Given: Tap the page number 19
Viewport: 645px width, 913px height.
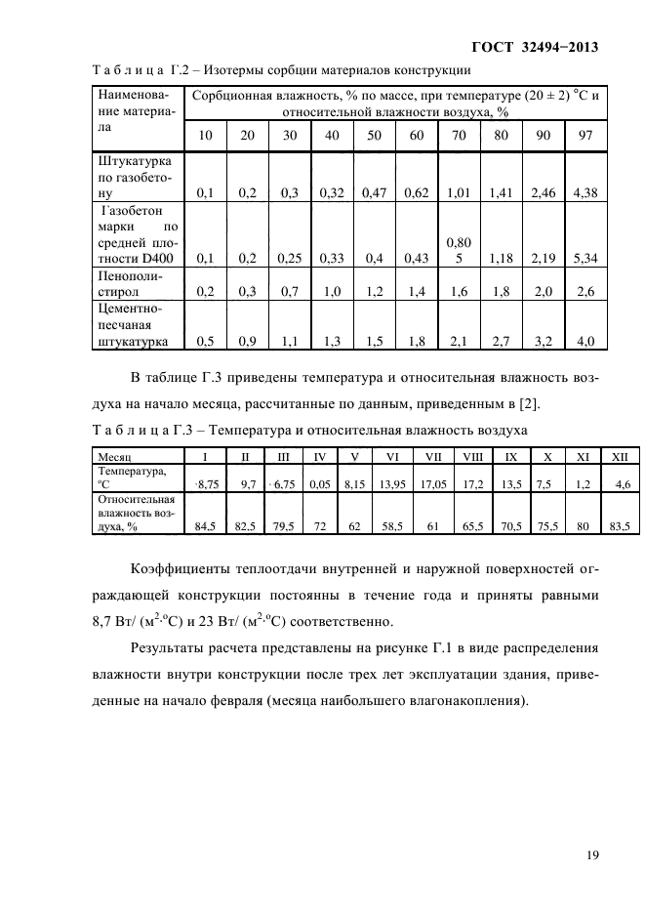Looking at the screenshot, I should click(x=591, y=856).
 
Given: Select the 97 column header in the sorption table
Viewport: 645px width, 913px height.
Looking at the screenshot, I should click(x=585, y=135).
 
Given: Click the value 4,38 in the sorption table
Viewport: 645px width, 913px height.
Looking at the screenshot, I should click(x=585, y=193).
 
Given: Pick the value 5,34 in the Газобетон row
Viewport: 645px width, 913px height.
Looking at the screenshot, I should click(x=585, y=258).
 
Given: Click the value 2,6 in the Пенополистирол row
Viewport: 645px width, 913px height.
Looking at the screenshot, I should click(x=585, y=291).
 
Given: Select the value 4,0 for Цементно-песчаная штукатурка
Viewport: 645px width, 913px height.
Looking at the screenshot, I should click(x=585, y=341).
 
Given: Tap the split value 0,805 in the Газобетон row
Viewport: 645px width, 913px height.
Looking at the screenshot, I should click(x=459, y=249).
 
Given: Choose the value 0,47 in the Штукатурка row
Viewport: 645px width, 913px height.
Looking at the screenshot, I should click(x=375, y=193).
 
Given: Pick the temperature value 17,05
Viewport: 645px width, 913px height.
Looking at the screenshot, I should click(x=431, y=482).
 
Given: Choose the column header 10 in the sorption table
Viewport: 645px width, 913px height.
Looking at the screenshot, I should click(x=205, y=135).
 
